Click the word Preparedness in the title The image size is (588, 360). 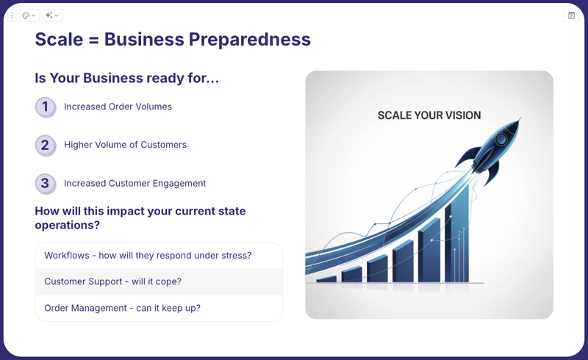pyautogui.click(x=249, y=40)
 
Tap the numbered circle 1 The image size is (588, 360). pyautogui.click(x=46, y=107)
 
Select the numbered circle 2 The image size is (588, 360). pyautogui.click(x=46, y=145)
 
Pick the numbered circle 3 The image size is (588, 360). pyautogui.click(x=46, y=184)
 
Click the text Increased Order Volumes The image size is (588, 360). pyautogui.click(x=118, y=107)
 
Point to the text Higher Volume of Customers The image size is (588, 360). pyautogui.click(x=125, y=145)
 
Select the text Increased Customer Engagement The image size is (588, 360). pyautogui.click(x=135, y=184)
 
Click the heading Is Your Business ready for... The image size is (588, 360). pyautogui.click(x=126, y=78)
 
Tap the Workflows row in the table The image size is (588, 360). pyautogui.click(x=159, y=256)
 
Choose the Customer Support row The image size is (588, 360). pyautogui.click(x=159, y=281)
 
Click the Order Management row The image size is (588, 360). pyautogui.click(x=159, y=308)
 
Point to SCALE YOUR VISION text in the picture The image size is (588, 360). pyautogui.click(x=429, y=115)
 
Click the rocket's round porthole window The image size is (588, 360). pyautogui.click(x=501, y=140)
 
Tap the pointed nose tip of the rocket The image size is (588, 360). pyautogui.click(x=520, y=118)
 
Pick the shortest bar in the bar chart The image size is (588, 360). pyautogui.click(x=326, y=279)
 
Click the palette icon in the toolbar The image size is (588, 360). pyautogui.click(x=26, y=15)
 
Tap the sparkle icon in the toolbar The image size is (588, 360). pyautogui.click(x=49, y=15)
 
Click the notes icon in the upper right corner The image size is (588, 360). pyautogui.click(x=572, y=15)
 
